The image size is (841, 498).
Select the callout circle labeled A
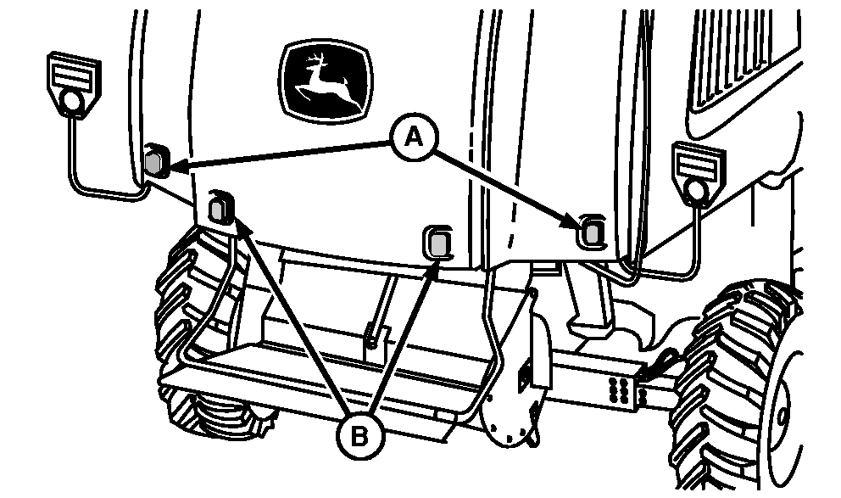coord(413,138)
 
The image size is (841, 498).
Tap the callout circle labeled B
coord(360,436)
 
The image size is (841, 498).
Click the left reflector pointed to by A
coord(157,160)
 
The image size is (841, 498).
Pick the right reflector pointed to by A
coord(591,232)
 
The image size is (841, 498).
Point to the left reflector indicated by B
coord(220,208)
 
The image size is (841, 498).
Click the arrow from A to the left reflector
coord(283,155)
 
